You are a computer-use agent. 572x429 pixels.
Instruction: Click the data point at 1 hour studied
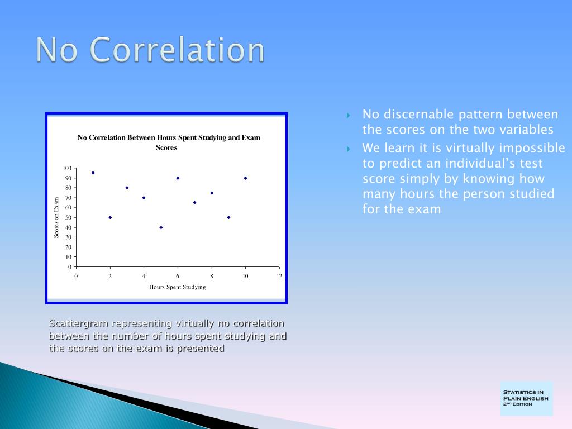coord(93,173)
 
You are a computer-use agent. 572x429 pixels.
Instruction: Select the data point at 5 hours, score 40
coord(161,227)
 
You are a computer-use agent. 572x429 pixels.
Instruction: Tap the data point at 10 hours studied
coord(246,178)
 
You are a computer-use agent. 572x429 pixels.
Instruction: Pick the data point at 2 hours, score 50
coord(110,217)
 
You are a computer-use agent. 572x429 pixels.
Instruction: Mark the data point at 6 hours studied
coord(178,178)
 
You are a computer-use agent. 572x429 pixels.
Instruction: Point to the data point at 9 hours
coord(228,217)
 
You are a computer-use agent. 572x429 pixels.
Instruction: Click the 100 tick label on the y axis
coord(67,168)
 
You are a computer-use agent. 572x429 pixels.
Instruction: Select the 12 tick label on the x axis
coord(279,276)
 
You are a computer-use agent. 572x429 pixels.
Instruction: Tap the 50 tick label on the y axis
coord(68,217)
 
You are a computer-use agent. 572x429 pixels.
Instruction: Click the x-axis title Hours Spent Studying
coord(177,287)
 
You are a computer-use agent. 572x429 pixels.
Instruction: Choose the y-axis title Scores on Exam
coord(56,217)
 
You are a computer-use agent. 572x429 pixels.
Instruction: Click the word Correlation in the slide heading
coord(177,50)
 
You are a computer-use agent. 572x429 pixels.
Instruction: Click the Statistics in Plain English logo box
coord(526,399)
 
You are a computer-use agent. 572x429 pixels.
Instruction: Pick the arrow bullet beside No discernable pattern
coord(349,116)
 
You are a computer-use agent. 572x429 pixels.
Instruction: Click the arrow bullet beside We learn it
coord(349,149)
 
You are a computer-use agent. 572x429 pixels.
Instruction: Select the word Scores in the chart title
coord(166,147)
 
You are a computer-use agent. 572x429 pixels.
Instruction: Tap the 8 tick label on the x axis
coord(212,276)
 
